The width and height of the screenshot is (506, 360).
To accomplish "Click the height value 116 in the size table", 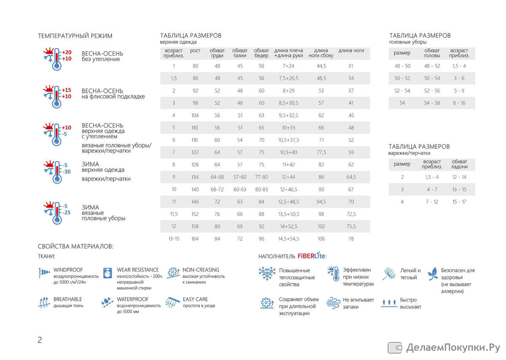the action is pos(195,140).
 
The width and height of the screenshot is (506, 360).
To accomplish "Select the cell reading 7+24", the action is pos(288,66).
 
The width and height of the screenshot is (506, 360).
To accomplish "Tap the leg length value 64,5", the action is pos(351,177).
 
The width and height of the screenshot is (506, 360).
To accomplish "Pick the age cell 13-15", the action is pos(174,239).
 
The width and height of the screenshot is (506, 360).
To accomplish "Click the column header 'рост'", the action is pos(195,51).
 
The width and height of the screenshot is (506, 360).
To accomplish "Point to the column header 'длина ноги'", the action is pos(351,50).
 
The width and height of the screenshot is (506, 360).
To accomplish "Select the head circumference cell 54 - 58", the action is pos(432,103).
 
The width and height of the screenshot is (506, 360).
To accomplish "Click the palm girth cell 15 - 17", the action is pos(459,202).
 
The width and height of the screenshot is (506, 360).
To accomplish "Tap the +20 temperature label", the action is pos(67,52).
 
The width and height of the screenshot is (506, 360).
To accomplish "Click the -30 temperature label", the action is pos(67,172).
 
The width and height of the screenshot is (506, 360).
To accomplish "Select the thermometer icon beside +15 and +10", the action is pos(57,97).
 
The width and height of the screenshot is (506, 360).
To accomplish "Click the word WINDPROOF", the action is pos(68,270).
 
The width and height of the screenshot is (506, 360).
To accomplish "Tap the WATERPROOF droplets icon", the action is pos(107,302).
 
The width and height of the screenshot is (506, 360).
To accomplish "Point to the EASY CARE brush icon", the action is pos(172,302).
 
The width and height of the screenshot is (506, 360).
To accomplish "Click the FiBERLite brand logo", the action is pos(312,255).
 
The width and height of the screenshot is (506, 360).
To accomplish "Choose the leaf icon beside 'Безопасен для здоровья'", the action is pos(433,274).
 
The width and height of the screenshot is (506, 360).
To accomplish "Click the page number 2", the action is pos(40,340).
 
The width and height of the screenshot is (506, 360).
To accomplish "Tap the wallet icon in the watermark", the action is pos(395,348).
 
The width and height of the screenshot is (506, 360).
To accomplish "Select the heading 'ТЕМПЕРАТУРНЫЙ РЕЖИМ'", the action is pos(75,36).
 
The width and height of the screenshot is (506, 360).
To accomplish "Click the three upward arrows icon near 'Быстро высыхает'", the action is pos(389,303).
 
